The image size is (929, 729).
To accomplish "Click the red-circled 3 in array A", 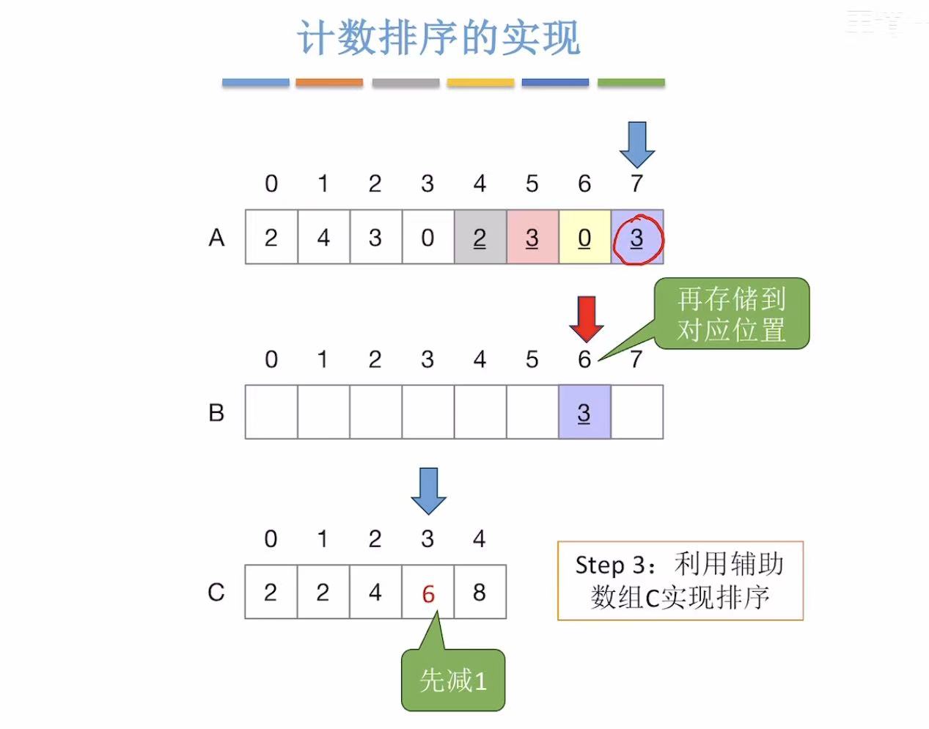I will coord(636,238).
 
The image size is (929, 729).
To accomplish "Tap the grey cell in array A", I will coord(480,237).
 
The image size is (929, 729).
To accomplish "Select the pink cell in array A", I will coord(532,237).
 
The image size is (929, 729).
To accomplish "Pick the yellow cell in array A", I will coord(584,237).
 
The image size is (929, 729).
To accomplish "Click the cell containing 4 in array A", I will coord(323,237).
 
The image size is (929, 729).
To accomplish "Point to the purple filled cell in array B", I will coord(584,412).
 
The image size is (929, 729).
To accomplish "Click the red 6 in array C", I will coord(428,593).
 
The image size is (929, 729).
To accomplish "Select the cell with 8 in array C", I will coord(480,592).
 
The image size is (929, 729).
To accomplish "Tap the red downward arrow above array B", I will coord(587,318).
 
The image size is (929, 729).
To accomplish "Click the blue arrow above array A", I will coord(636,144).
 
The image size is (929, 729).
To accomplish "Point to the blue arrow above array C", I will coord(428,490).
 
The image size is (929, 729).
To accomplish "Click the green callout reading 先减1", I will coord(453,680).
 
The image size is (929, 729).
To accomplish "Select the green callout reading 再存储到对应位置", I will coord(732,314).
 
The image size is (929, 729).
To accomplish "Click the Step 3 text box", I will coord(680,581).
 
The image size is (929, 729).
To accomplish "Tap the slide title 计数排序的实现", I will coord(438,38).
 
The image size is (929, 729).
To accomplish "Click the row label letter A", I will coord(216,238).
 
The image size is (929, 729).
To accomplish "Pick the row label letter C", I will coord(216,592).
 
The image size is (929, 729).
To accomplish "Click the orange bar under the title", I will coord(329,83).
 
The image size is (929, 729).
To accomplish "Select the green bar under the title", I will coord(631,83).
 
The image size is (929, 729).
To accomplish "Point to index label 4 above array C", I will coord(480,539).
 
